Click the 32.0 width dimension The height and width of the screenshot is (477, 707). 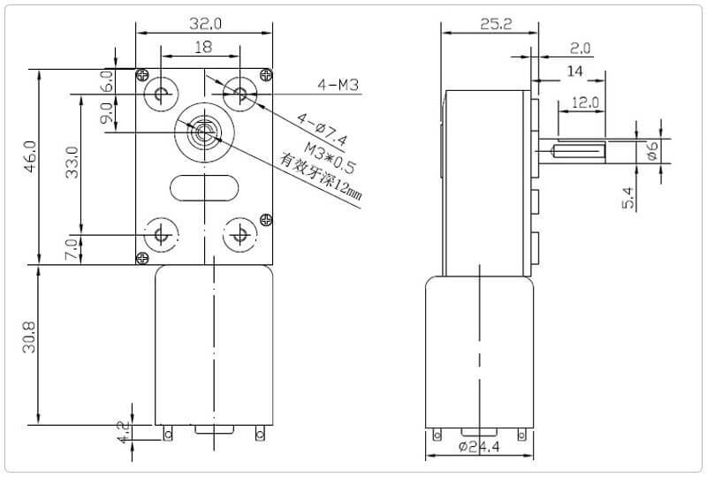[x=205, y=24]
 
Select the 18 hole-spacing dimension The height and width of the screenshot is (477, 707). [x=203, y=47]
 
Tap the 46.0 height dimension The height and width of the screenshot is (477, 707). [x=30, y=156]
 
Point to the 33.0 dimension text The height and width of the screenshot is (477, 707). [x=72, y=163]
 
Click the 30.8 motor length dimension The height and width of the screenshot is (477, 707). [x=29, y=337]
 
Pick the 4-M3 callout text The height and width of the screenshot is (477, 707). [x=338, y=84]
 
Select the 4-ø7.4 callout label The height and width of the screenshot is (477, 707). [x=322, y=130]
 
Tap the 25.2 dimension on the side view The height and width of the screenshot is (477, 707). [x=496, y=24]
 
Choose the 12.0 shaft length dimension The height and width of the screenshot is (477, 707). [x=585, y=102]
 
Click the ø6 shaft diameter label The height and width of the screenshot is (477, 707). [x=652, y=150]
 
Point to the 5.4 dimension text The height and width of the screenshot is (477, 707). [x=628, y=199]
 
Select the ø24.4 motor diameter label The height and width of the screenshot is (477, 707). [x=479, y=447]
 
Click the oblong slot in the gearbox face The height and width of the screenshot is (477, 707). [x=204, y=187]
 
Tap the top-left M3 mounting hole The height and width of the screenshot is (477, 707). [x=161, y=95]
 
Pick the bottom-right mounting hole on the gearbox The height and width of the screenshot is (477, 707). [x=239, y=235]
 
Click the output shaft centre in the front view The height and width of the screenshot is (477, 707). [x=204, y=132]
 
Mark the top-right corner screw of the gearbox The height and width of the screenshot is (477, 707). [x=266, y=75]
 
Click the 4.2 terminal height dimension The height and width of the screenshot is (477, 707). [x=123, y=432]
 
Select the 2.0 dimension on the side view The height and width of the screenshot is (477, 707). [x=580, y=49]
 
